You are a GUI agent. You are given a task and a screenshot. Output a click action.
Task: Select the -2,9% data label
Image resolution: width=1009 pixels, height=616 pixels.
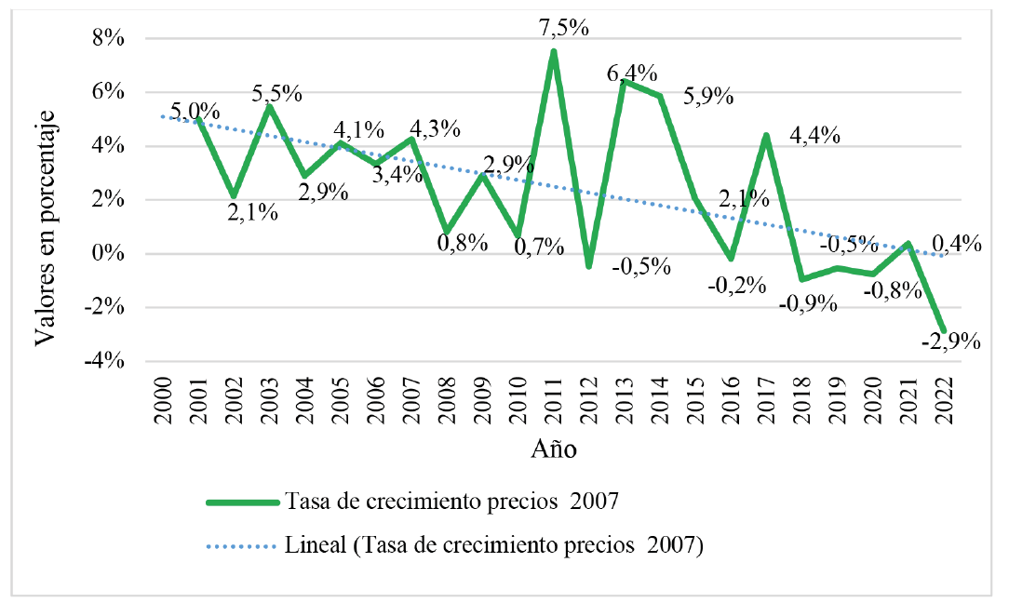click(951, 341)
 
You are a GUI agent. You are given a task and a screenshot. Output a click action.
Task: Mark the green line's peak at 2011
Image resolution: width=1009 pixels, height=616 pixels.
click(554, 51)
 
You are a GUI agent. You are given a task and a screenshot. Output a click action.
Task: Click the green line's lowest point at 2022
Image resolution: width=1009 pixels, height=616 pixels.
click(944, 331)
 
